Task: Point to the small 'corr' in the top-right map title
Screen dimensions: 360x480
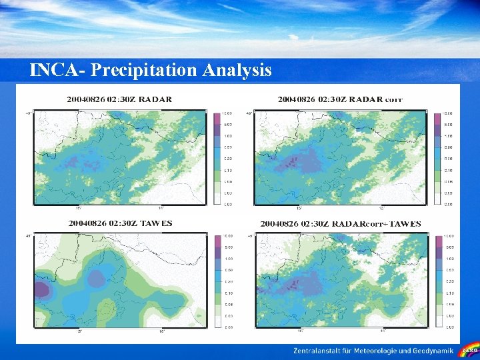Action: point(393,100)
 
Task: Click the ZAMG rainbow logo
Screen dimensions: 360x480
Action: point(469,350)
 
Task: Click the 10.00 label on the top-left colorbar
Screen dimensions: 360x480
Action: point(227,113)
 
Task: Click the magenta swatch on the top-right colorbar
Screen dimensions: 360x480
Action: point(439,119)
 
